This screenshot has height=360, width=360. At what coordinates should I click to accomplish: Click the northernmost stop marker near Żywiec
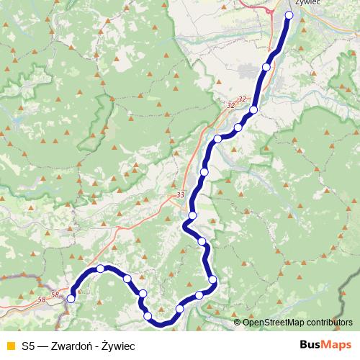(x=289, y=15)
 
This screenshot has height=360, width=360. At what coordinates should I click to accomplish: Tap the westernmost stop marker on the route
(x=71, y=299)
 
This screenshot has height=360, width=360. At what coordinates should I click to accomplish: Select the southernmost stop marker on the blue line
(x=148, y=316)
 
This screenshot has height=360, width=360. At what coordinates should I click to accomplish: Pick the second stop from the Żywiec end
(x=266, y=67)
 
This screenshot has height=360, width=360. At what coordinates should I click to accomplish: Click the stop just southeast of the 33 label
(x=192, y=216)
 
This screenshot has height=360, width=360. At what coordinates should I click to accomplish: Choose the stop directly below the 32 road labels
(x=253, y=110)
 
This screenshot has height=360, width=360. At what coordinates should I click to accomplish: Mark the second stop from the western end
(x=101, y=269)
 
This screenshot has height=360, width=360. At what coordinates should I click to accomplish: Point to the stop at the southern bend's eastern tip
(x=212, y=280)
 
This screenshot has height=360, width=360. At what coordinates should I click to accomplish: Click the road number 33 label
(x=179, y=195)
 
